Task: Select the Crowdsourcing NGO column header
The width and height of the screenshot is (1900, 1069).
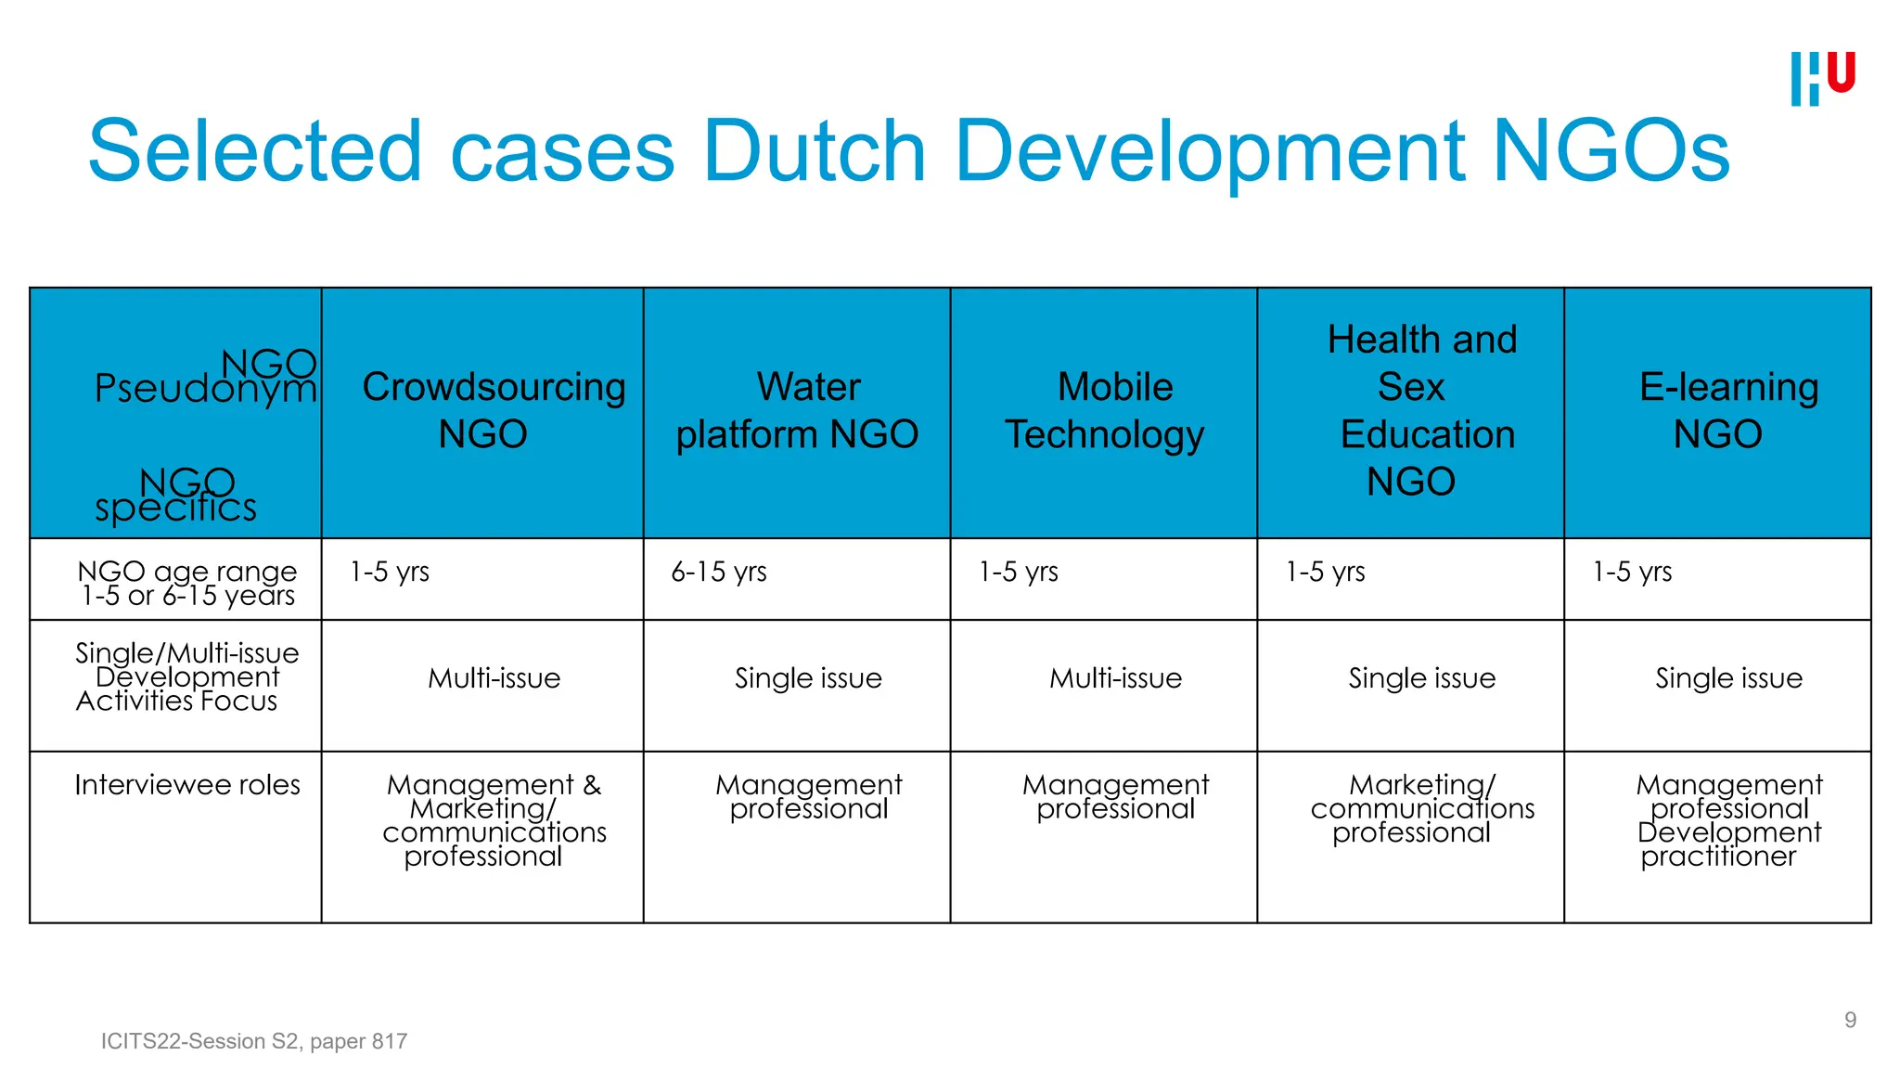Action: click(493, 410)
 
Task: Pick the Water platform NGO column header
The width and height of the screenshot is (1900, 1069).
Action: click(797, 410)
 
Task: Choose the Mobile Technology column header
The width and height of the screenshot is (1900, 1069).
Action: click(1105, 410)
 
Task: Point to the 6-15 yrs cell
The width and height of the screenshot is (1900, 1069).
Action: click(719, 572)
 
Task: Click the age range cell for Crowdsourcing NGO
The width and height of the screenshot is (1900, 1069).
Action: click(390, 572)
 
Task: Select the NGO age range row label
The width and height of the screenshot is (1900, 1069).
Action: click(187, 583)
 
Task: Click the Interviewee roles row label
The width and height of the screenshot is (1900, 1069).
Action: click(187, 785)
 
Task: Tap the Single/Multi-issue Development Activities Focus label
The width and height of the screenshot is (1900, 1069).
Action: click(187, 677)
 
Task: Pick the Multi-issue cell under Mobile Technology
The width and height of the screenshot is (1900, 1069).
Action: click(1115, 678)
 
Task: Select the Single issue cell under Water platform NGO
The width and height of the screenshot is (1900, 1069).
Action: click(808, 678)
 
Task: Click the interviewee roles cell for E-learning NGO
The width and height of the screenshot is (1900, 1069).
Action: click(1728, 820)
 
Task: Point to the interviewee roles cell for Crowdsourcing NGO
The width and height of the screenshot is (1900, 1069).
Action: click(494, 820)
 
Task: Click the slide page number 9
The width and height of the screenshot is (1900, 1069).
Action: click(1850, 1020)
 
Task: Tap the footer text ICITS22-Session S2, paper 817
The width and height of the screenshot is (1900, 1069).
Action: click(254, 1041)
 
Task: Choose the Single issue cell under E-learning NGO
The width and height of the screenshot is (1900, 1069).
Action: click(1728, 678)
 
